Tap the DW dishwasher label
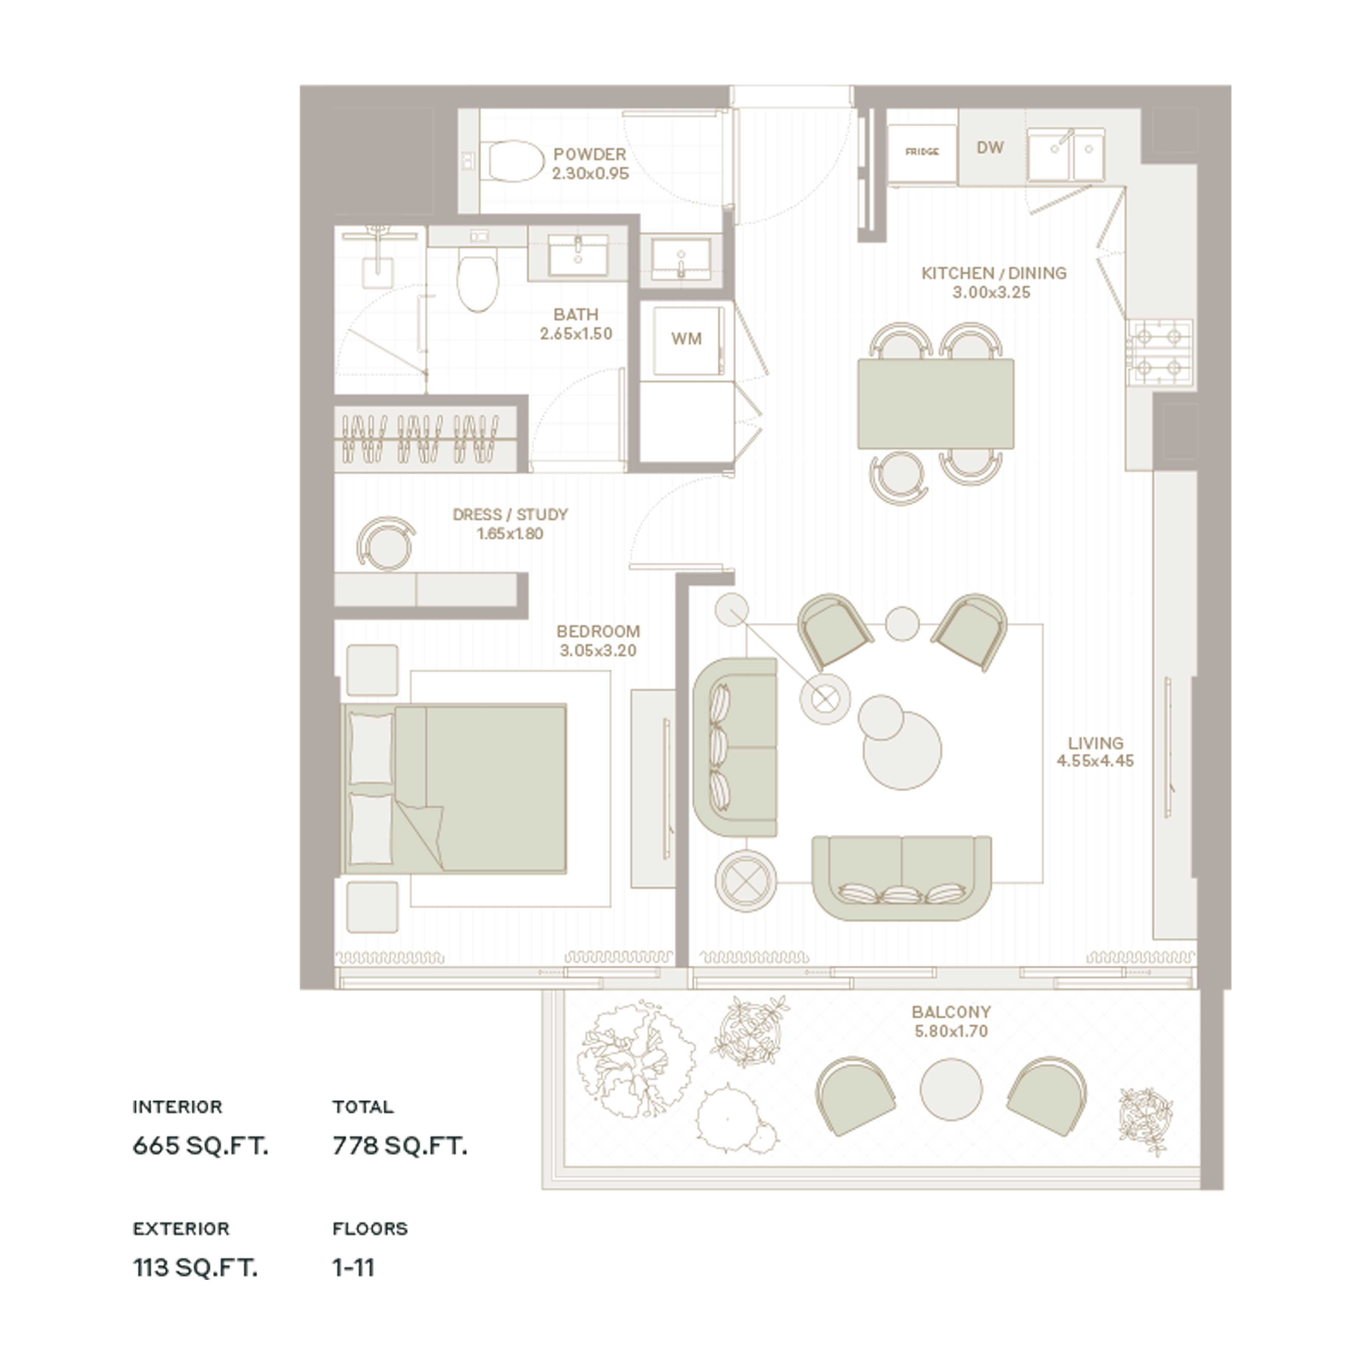coord(990,148)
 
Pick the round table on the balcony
coord(951,1088)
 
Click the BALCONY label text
coord(951,1012)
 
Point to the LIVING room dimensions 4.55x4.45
coord(1095,761)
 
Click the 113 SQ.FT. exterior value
coord(195,1268)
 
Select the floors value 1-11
coord(353,1268)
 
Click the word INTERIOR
coord(177,1107)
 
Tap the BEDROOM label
coord(598,631)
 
